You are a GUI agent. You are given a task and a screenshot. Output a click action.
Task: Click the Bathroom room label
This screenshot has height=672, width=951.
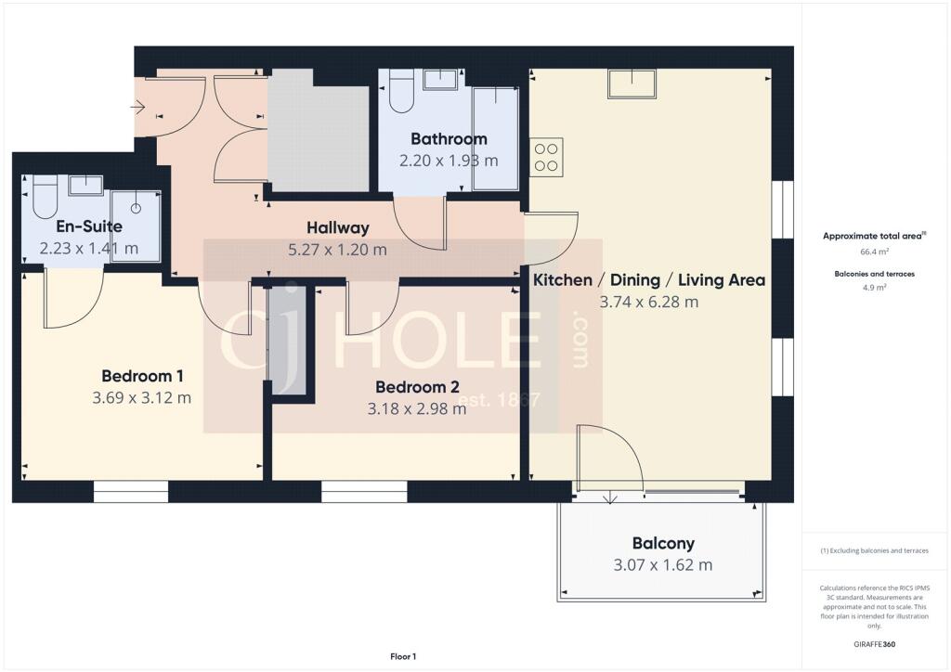pos(449,139)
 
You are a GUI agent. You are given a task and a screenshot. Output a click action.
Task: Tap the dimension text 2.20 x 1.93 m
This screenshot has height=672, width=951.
pos(449,161)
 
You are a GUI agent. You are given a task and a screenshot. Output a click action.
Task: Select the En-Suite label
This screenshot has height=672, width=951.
pos(89,226)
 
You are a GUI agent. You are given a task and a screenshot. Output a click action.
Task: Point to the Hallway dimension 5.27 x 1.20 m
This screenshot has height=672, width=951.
pos(337,250)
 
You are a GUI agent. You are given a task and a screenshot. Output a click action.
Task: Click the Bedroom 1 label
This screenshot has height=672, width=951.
pos(142,376)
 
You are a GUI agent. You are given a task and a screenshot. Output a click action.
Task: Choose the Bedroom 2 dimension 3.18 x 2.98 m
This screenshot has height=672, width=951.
pos(417,408)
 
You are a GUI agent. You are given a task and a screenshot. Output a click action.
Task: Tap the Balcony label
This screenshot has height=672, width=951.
pos(663,543)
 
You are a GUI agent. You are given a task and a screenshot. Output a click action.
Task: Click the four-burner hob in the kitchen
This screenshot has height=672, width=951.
pos(546,158)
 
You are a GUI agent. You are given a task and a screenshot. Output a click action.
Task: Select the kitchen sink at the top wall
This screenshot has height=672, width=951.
pos(632,84)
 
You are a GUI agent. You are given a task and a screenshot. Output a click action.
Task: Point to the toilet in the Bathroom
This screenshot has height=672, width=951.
pos(401,92)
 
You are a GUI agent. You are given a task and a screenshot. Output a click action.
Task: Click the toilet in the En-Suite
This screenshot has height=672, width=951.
pos(45,198)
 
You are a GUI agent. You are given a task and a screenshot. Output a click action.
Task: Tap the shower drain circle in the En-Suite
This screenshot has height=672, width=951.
pos(136,209)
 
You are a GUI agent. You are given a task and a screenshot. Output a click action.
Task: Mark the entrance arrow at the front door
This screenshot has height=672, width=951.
pos(137,108)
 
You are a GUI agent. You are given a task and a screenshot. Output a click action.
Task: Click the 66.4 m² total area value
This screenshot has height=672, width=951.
pos(874,252)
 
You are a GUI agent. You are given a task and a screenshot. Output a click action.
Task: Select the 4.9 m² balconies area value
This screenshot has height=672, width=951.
pos(874,287)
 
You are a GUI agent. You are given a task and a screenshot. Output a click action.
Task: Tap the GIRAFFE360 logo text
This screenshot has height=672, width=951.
pos(874,644)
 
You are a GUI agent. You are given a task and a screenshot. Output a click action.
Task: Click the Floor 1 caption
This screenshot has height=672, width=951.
pos(403,656)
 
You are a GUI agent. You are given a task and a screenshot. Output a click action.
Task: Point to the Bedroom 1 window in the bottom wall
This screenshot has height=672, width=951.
pos(131,491)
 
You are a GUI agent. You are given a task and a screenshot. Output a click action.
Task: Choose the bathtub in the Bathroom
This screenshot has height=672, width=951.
pos(496,139)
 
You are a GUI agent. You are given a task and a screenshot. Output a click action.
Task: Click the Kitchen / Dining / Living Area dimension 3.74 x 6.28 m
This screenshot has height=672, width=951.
pos(649,302)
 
